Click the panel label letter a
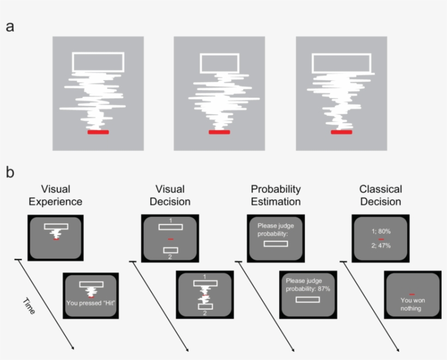(10, 27)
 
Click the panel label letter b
(10, 173)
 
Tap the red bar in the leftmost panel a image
(98, 132)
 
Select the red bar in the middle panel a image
(220, 132)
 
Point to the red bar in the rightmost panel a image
(341, 132)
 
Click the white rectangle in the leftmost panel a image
(98, 62)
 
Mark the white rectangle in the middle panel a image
(220, 63)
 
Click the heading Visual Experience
(56, 196)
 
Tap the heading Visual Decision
(170, 196)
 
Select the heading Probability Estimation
(275, 196)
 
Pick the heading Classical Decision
(380, 196)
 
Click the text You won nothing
(412, 304)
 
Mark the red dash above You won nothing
(412, 294)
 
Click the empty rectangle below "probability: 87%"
(308, 300)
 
